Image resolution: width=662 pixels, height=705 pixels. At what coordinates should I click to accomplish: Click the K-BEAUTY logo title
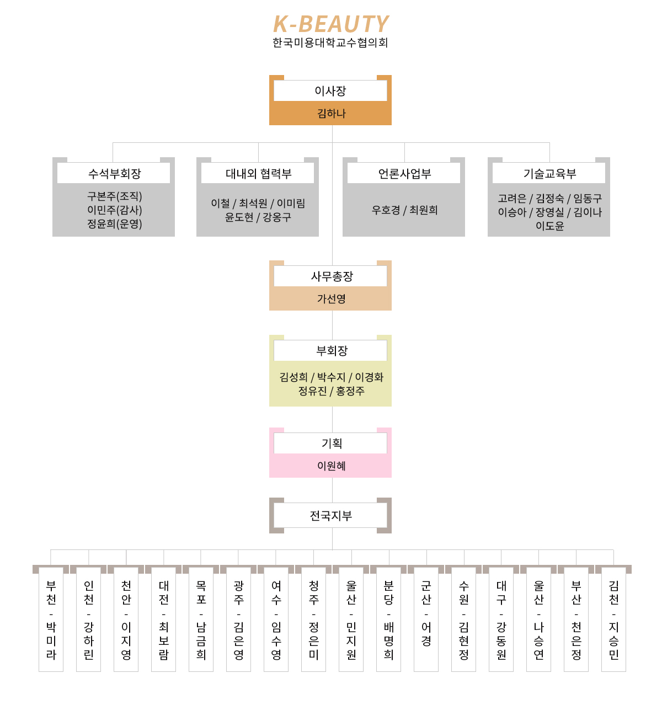click(330, 24)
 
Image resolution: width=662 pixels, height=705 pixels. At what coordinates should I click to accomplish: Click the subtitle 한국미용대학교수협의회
click(330, 42)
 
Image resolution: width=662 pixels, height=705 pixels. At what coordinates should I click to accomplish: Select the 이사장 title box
click(330, 91)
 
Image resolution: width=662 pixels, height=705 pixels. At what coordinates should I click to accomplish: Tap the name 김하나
click(331, 114)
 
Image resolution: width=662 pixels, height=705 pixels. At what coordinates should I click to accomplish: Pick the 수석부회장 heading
click(114, 174)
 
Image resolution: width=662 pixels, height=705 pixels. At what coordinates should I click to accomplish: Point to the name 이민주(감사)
click(114, 210)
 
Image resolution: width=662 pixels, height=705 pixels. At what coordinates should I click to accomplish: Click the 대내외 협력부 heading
click(258, 174)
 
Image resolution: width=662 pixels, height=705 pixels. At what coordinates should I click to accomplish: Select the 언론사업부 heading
click(404, 174)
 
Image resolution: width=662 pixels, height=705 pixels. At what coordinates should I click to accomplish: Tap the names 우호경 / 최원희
click(404, 210)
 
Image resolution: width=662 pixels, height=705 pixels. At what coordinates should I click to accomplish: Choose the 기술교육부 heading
click(549, 174)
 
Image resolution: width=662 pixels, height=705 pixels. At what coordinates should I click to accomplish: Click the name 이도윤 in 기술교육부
click(550, 226)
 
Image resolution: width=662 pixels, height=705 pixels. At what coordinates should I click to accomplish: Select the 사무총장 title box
click(330, 276)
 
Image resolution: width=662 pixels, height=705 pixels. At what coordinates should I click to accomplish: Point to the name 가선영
click(331, 299)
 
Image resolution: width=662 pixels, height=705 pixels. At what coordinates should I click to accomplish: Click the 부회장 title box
click(330, 351)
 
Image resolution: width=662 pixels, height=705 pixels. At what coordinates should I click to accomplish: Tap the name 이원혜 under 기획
click(331, 466)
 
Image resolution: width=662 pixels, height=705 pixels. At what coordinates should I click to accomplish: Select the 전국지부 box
click(330, 516)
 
